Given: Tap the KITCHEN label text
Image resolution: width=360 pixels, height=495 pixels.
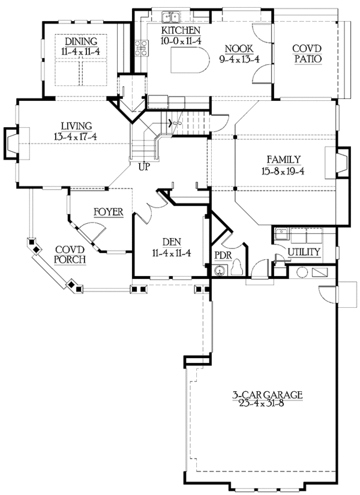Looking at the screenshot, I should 181,31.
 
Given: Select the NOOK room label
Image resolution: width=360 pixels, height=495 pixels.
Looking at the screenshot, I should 238,49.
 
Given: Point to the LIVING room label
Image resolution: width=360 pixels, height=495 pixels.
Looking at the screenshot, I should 76,125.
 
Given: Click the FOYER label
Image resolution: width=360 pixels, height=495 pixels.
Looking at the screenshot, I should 108,212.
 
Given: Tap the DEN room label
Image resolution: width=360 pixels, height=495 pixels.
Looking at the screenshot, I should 171,242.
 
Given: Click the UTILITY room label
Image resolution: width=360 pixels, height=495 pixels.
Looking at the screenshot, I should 304,252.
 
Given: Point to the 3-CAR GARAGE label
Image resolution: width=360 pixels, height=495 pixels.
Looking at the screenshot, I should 268,395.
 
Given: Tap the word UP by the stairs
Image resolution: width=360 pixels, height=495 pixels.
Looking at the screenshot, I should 144,167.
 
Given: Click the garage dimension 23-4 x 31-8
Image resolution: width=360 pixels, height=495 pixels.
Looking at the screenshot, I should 268,405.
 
